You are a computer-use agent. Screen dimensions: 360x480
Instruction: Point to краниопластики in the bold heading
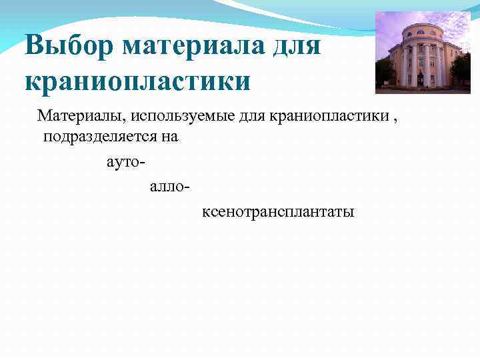click(x=138, y=81)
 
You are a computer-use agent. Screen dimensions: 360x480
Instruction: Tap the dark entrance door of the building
click(x=421, y=79)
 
